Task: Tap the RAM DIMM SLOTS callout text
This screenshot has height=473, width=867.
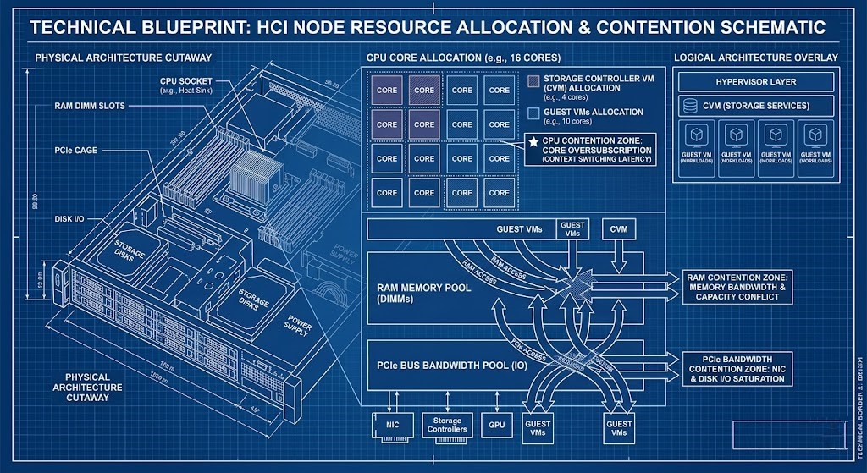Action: point(88,107)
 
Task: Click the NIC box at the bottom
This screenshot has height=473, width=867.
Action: point(392,424)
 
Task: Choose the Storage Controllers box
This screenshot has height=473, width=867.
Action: point(447,425)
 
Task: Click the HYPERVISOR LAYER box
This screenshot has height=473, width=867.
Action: point(755,82)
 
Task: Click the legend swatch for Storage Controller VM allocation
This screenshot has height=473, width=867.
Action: point(533,81)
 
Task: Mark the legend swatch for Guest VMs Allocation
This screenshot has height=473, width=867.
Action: point(533,112)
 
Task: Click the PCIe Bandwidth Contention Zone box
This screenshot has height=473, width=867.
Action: point(737,368)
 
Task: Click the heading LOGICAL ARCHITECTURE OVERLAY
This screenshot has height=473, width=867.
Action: point(755,58)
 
